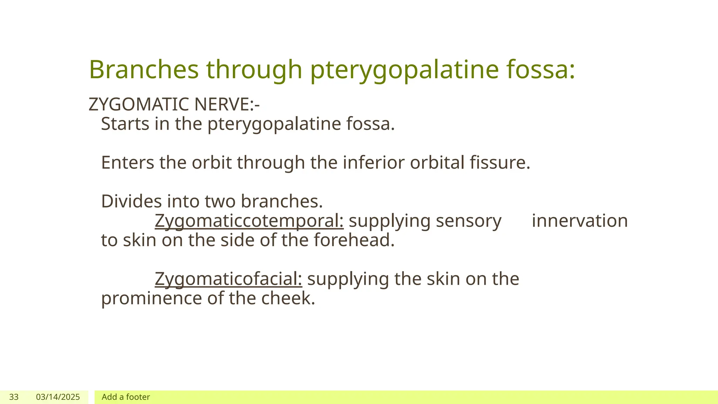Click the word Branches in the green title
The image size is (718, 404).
tap(144, 69)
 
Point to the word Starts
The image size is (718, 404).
tap(125, 124)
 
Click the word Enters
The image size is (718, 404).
tap(128, 163)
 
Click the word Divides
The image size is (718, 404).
tap(131, 201)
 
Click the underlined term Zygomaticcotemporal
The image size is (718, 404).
tap(249, 221)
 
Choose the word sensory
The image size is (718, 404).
tap(469, 221)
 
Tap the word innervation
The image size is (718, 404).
tap(580, 221)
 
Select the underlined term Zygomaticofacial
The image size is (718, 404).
tap(228, 279)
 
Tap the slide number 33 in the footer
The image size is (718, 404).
tap(14, 397)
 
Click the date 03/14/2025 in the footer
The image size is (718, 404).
tap(58, 397)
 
